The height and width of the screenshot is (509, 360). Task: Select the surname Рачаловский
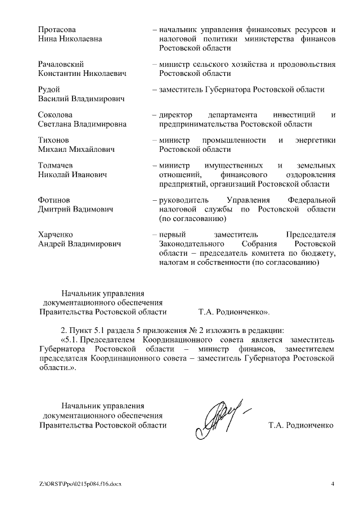[x=61, y=64]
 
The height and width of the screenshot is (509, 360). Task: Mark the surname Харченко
[x=56, y=234]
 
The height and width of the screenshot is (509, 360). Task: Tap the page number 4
[x=332, y=484]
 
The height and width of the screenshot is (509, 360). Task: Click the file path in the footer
[x=80, y=484]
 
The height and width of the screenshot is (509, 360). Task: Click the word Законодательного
[x=188, y=244]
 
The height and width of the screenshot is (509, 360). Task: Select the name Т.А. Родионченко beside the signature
[x=301, y=425]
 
